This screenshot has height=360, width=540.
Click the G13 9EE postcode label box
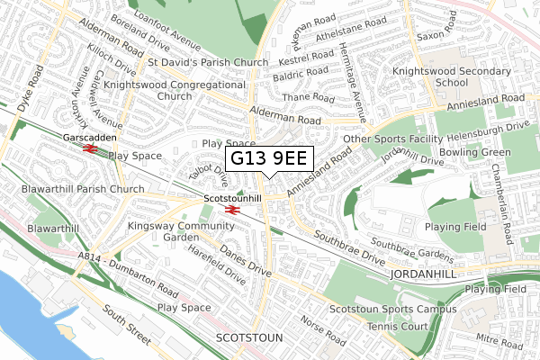[x=268, y=159]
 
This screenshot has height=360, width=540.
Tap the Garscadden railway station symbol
[x=89, y=150]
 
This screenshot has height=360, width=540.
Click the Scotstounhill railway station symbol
[x=231, y=210]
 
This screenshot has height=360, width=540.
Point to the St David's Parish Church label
[x=208, y=62]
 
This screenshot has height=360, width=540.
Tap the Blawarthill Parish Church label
[x=73, y=189]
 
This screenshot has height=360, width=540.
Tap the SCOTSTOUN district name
[x=250, y=337]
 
